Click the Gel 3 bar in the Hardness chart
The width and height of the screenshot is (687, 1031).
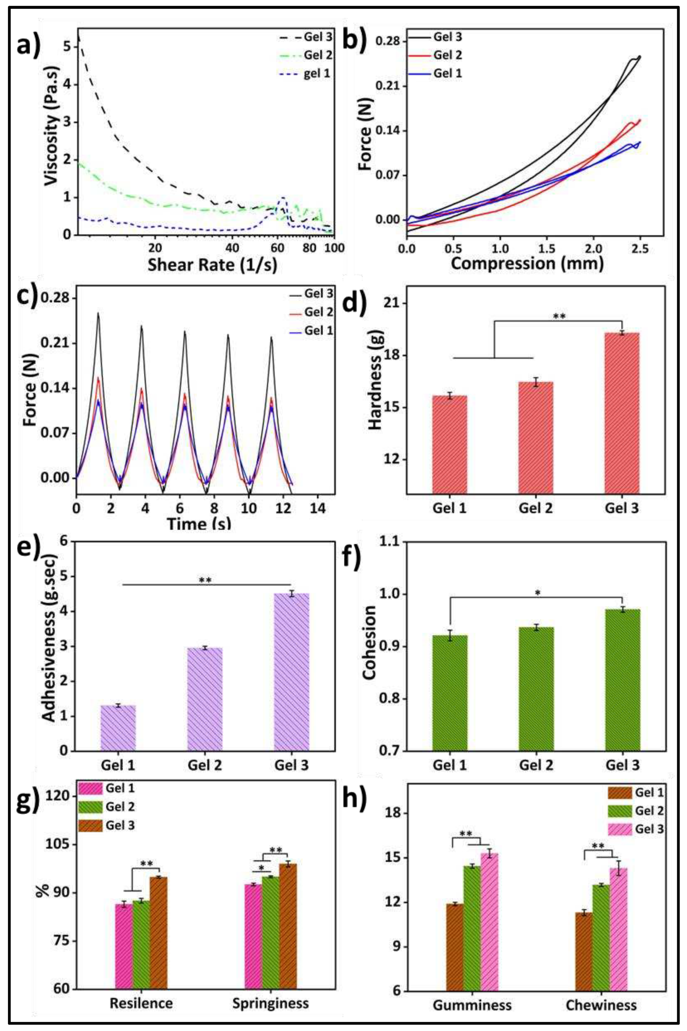(x=622, y=413)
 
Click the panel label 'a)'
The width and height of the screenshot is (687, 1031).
(x=29, y=46)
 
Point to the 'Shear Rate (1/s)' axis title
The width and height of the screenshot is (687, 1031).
(x=212, y=264)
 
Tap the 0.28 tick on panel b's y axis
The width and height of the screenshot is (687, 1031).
(x=388, y=42)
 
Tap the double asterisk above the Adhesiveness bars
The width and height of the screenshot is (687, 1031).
(x=205, y=580)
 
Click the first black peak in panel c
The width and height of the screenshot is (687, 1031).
(x=98, y=314)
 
